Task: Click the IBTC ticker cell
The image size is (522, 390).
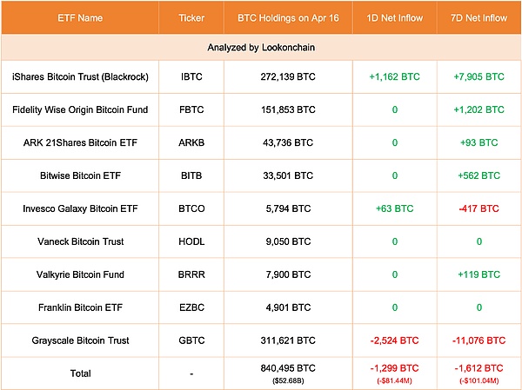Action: [x=191, y=76]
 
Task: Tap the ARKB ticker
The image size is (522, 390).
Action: [x=191, y=142]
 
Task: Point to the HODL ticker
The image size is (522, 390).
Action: [x=191, y=241]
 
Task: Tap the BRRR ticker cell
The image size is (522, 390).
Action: [x=191, y=274]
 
